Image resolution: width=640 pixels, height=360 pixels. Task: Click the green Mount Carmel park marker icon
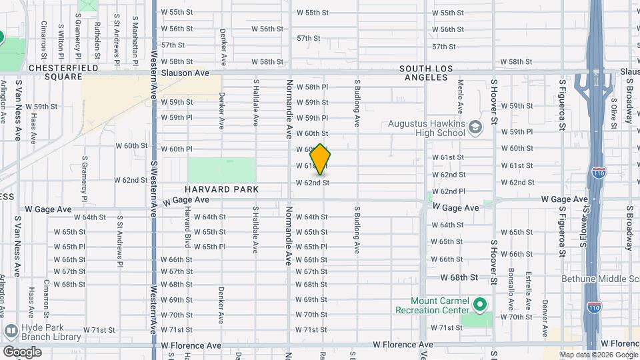click(480, 305)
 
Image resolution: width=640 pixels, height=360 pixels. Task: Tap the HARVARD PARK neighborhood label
click(221, 189)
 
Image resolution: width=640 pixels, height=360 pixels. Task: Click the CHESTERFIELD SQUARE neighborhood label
click(63, 73)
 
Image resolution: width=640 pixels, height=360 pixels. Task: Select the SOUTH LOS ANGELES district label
click(433, 73)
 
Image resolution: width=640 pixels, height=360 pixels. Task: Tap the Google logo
click(21, 351)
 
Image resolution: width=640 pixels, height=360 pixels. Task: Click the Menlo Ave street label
click(460, 97)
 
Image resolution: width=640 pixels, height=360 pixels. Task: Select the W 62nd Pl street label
click(448, 191)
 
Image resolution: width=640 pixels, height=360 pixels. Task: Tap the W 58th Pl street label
click(313, 87)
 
